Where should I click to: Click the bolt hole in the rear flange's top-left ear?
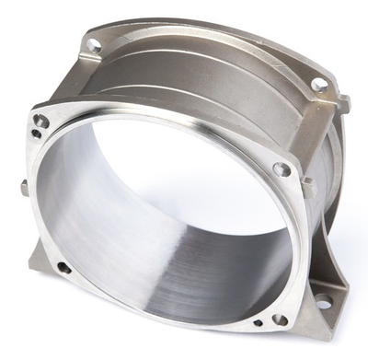pyautogui.click(x=94, y=43)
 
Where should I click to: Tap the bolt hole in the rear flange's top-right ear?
pyautogui.click(x=319, y=85)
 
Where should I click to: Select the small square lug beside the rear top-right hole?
pyautogui.click(x=342, y=102)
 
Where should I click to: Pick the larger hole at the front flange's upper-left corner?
pyautogui.click(x=41, y=121)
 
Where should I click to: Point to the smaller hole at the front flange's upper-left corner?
pyautogui.click(x=36, y=134)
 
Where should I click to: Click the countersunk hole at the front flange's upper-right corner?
pyautogui.click(x=282, y=169)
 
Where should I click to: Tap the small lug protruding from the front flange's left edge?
pyautogui.click(x=23, y=189)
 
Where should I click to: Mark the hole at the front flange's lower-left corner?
pyautogui.click(x=63, y=268)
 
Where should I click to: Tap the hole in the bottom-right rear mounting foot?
pyautogui.click(x=324, y=302)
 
